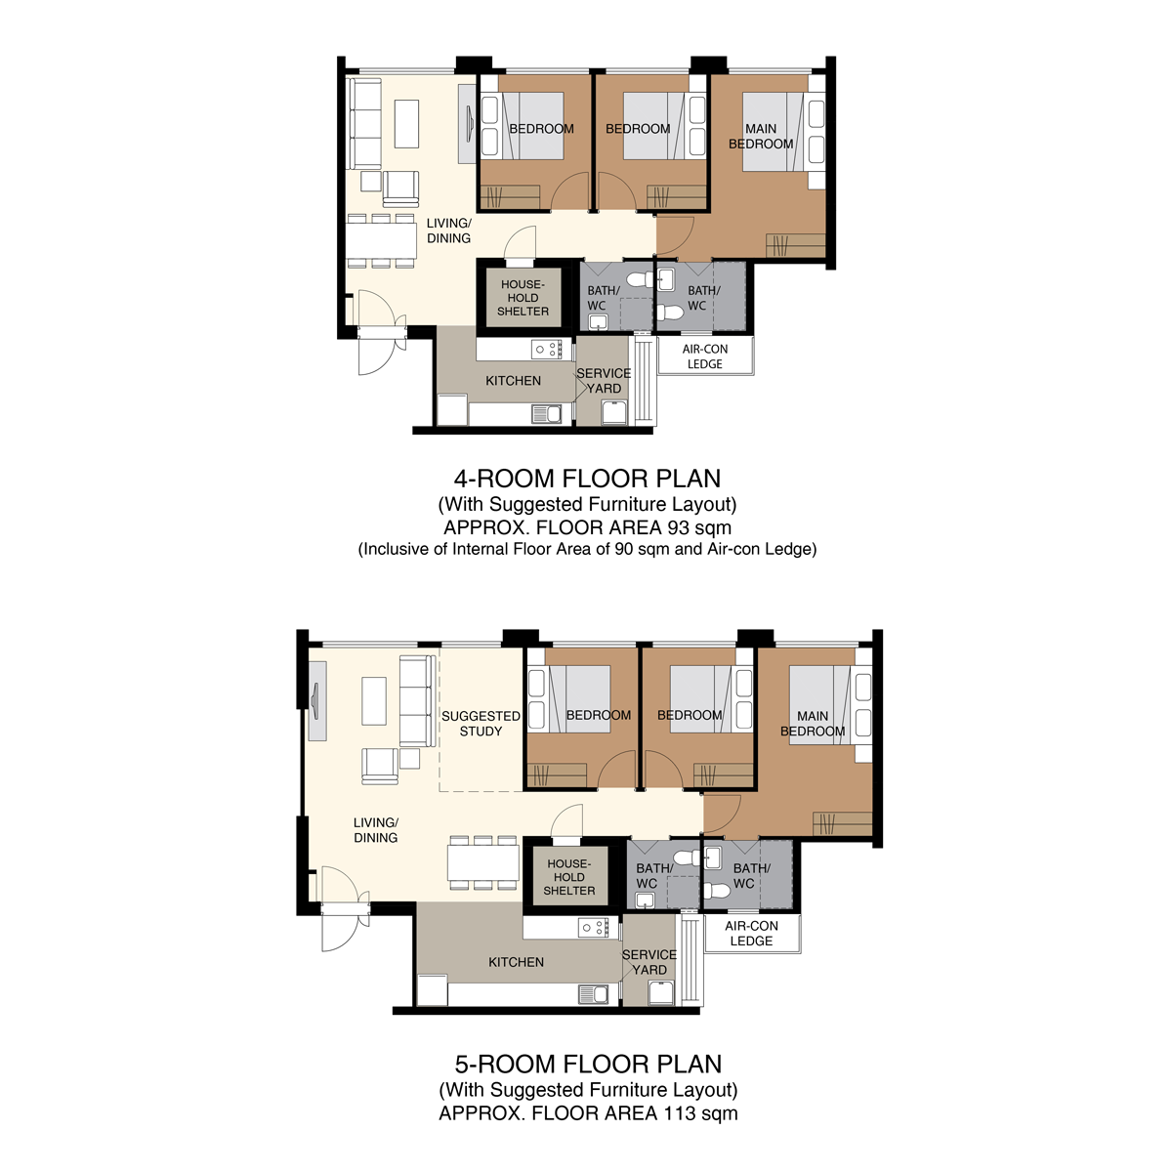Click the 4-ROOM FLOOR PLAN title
point(587,479)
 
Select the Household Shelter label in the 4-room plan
point(523,298)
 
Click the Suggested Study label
point(481,724)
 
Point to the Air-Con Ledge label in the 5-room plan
point(751,934)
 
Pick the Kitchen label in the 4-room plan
point(513,381)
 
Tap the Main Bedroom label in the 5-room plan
point(813,724)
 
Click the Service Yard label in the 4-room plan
point(604,381)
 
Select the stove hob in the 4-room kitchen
point(546,349)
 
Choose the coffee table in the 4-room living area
point(406,124)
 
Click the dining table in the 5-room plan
point(483,863)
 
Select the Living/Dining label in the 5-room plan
point(375,830)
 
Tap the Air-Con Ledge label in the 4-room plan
point(704,356)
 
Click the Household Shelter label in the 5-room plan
point(568,877)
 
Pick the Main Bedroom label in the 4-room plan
point(761,136)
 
